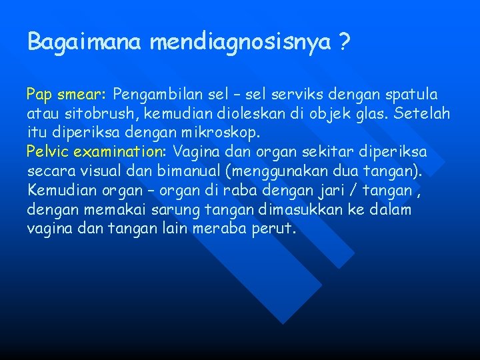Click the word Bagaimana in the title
(85, 43)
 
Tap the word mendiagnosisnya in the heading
(240, 43)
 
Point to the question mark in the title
(343, 43)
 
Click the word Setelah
(422, 114)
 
